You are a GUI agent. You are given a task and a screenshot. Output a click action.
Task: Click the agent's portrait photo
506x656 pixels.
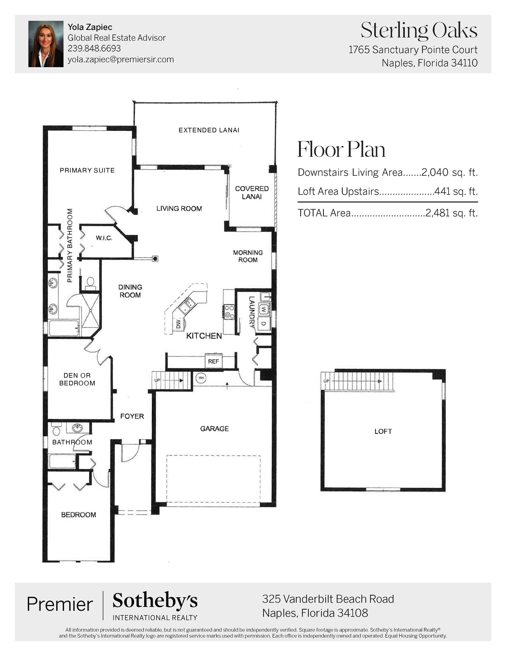coord(46,44)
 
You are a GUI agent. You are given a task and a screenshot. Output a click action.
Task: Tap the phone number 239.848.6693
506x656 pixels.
coord(94,48)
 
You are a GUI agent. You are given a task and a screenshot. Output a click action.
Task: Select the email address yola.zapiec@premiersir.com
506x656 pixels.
coord(121,59)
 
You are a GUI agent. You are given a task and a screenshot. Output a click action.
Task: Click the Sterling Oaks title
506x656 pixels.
coord(419,31)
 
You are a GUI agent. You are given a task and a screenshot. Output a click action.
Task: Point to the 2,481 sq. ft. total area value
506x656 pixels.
coord(451,213)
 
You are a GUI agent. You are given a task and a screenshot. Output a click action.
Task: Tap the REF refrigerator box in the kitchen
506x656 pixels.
coord(213,361)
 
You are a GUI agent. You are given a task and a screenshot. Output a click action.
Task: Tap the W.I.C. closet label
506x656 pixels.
coord(104,238)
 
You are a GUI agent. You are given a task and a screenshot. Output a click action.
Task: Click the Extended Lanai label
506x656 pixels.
coord(209,130)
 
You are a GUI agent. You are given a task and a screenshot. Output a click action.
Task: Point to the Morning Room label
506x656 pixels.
coord(248,256)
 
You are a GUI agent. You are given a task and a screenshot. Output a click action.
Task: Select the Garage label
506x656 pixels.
coord(215,429)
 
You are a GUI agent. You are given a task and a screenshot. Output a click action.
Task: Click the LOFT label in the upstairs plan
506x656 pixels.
coord(383,432)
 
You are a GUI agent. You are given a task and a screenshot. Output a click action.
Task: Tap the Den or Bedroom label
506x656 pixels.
coord(77,379)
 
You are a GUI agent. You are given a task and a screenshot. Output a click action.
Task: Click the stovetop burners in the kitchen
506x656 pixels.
coord(229,312)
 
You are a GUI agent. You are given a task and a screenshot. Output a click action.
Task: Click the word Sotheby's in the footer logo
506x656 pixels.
coord(155,601)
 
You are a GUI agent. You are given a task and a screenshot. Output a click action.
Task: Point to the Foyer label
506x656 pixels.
coord(132,416)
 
